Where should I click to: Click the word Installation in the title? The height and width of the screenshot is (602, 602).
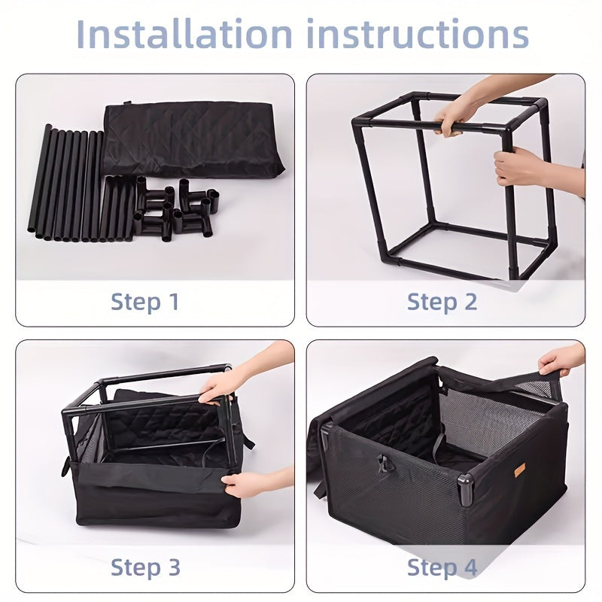[x=184, y=34]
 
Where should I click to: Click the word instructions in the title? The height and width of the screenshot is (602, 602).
[x=418, y=34]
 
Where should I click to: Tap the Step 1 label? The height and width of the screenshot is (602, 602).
[x=144, y=302]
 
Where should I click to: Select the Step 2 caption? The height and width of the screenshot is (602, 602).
[x=442, y=302]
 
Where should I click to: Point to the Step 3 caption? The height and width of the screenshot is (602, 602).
[x=145, y=567]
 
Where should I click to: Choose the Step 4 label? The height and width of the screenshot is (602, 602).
[x=442, y=567]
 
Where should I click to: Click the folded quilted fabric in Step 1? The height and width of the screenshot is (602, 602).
[x=194, y=139]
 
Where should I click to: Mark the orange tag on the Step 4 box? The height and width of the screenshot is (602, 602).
[x=520, y=470]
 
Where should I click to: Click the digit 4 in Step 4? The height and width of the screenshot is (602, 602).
[x=469, y=567]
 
